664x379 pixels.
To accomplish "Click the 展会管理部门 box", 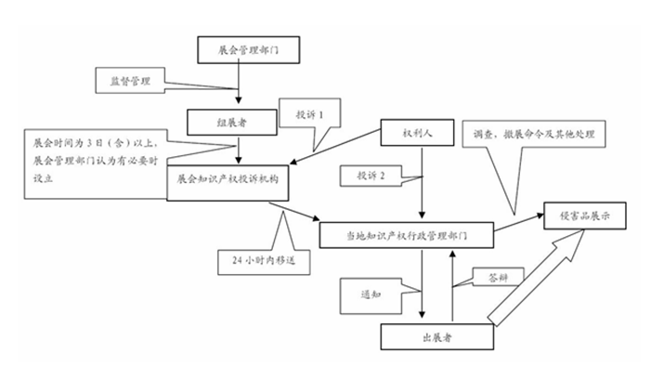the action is pyautogui.click(x=249, y=50).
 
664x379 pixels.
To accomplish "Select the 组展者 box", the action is pyautogui.click(x=232, y=123).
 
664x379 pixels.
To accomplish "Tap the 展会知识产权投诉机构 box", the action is pyautogui.click(x=228, y=183).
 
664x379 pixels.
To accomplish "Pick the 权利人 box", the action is pyautogui.click(x=417, y=133).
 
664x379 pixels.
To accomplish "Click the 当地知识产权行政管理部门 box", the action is pyautogui.click(x=406, y=235).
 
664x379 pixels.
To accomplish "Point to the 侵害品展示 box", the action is pyautogui.click(x=585, y=216).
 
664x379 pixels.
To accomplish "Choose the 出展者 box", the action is pyautogui.click(x=437, y=336).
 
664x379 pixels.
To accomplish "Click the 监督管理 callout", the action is pyautogui.click(x=130, y=81).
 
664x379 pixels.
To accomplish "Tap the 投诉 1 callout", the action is pyautogui.click(x=309, y=113).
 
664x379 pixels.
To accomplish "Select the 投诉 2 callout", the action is pyautogui.click(x=371, y=176).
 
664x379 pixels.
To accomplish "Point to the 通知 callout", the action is pyautogui.click(x=371, y=296).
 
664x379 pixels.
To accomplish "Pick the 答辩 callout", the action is pyautogui.click(x=499, y=277).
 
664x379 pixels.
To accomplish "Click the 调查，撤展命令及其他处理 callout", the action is pyautogui.click(x=534, y=135).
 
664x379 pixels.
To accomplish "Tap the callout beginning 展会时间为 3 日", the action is pyautogui.click(x=96, y=163).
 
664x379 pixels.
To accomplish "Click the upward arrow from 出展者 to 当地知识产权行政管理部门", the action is pyautogui.click(x=452, y=286).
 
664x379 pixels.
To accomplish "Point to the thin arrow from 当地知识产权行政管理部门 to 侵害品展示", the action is pyautogui.click(x=519, y=222).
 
